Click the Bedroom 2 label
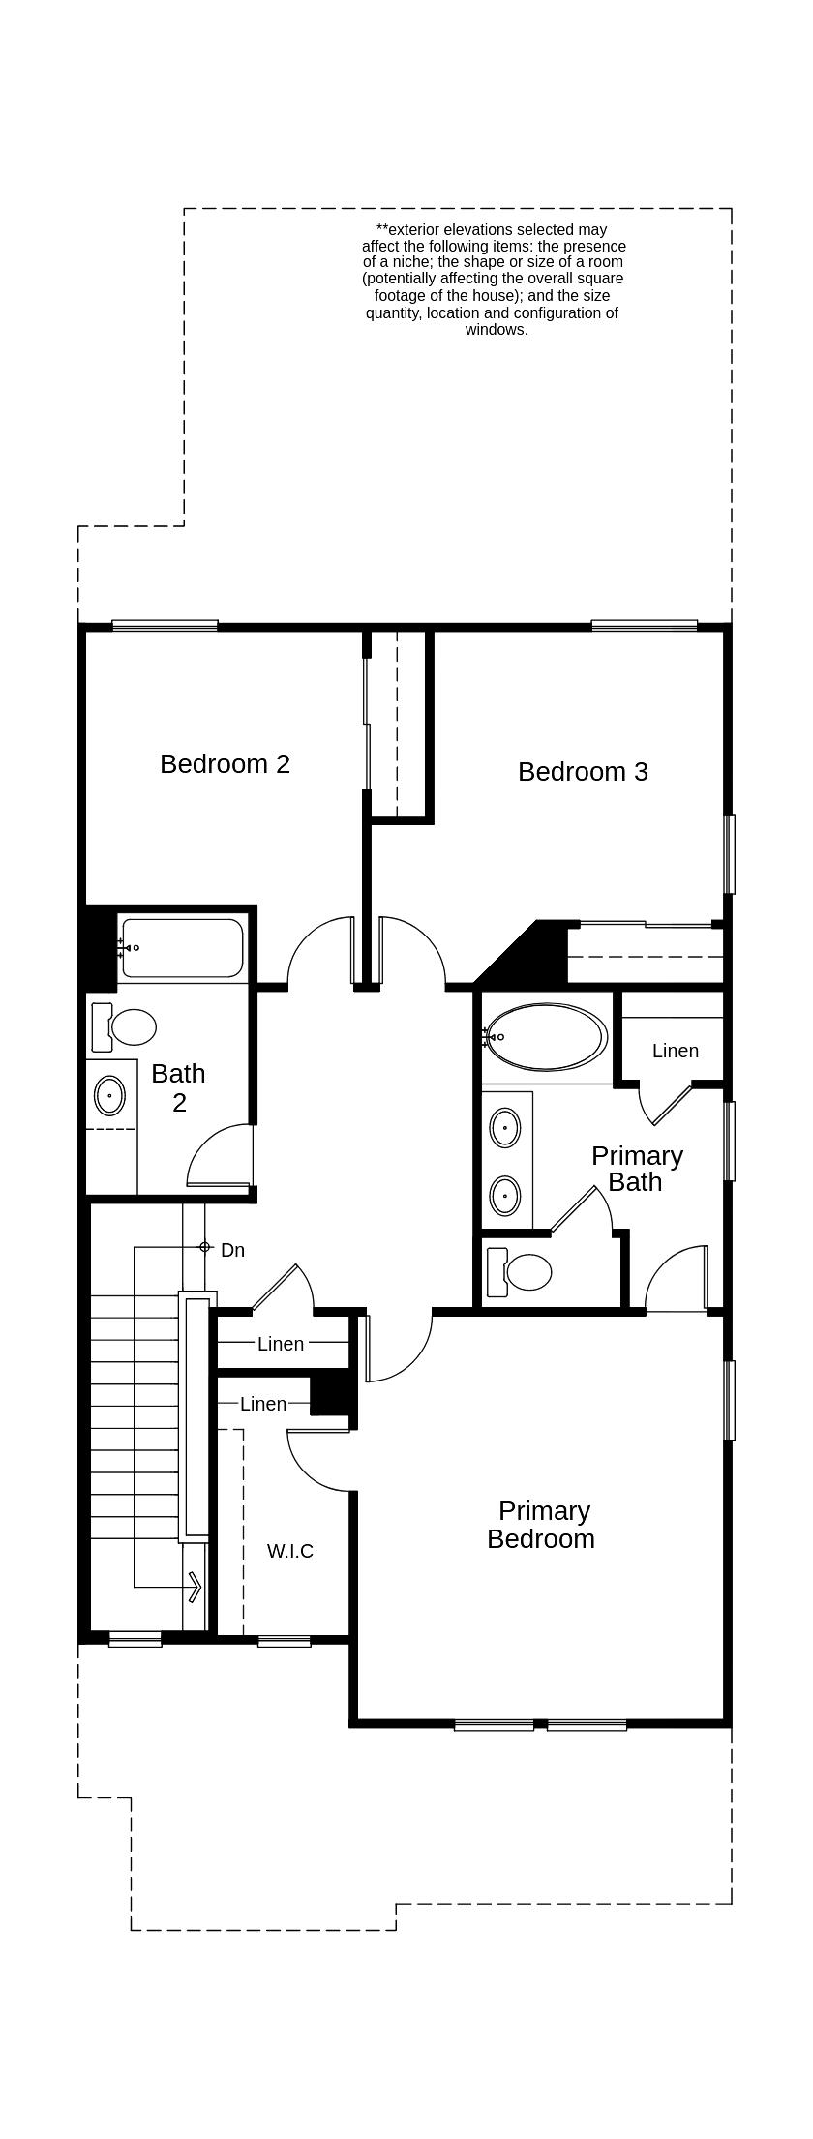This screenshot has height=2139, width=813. [x=225, y=764]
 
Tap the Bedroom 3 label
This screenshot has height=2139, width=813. [x=583, y=772]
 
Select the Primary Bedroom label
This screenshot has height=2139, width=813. [x=541, y=1525]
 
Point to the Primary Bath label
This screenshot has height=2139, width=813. [x=636, y=1169]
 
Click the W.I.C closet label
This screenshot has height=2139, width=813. [x=289, y=1551]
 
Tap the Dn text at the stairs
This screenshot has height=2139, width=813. [x=232, y=1250]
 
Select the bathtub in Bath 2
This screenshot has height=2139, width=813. [x=182, y=948]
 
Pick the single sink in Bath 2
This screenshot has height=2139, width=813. [x=109, y=1096]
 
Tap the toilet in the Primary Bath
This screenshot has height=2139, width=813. [x=520, y=1272]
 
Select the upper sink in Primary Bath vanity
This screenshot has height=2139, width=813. [x=505, y=1128]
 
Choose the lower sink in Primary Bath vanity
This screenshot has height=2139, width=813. [x=505, y=1196]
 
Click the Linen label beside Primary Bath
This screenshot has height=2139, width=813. [x=675, y=1051]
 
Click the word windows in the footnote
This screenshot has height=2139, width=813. [x=497, y=329]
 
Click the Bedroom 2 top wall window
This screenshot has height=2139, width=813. [x=165, y=626]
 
